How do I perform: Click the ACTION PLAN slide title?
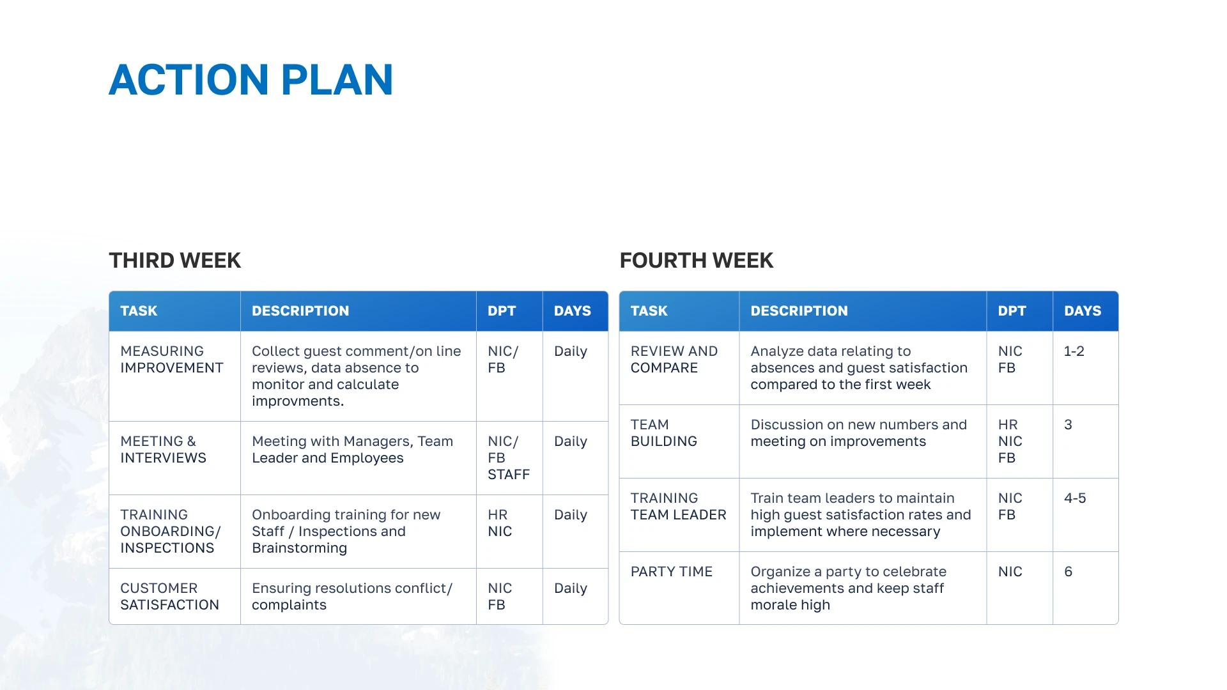tap(251, 80)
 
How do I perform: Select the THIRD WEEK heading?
tap(174, 261)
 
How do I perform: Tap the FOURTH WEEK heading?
tap(696, 261)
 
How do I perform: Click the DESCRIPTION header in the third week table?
tap(300, 311)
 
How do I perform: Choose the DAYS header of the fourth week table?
tap(1083, 311)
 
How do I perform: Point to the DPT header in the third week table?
tap(502, 311)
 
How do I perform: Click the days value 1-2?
tap(1074, 351)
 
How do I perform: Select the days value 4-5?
tap(1075, 498)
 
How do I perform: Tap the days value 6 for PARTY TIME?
tap(1068, 572)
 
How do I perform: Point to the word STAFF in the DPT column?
tap(509, 475)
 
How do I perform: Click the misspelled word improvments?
tap(298, 401)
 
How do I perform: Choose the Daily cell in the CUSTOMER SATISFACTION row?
tap(570, 588)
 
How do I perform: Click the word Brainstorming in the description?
tap(299, 548)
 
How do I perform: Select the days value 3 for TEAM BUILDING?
tap(1068, 425)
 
